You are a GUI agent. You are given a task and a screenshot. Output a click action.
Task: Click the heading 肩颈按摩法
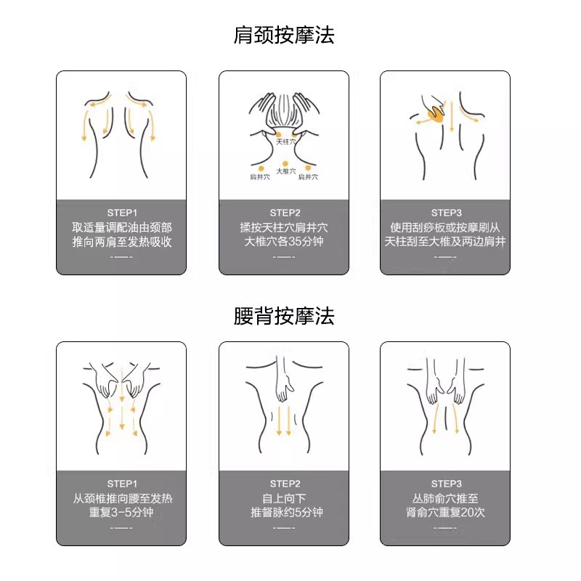(x=284, y=35)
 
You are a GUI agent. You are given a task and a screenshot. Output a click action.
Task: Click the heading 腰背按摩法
(x=284, y=316)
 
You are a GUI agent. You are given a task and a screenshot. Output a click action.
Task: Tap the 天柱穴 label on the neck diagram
(x=286, y=142)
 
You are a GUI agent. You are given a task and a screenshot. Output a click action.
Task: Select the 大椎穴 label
(x=286, y=171)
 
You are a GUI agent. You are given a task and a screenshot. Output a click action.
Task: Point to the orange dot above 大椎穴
(x=285, y=163)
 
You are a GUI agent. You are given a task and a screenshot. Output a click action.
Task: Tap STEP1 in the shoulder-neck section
(x=122, y=213)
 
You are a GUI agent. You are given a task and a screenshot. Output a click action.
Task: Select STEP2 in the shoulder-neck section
(x=285, y=213)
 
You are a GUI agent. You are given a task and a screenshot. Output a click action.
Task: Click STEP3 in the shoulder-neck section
(x=446, y=213)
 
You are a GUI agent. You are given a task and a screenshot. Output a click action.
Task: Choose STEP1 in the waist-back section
(x=122, y=484)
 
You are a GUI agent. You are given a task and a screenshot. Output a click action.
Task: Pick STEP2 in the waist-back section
(x=285, y=484)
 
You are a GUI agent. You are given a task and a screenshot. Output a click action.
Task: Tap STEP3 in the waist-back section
(x=446, y=484)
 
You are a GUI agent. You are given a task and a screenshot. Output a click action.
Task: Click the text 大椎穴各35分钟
(x=284, y=242)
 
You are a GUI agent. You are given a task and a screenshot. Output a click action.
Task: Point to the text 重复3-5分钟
(x=121, y=513)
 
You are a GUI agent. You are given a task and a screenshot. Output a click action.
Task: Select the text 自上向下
(x=284, y=498)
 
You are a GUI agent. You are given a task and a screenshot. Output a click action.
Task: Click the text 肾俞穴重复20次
(x=445, y=513)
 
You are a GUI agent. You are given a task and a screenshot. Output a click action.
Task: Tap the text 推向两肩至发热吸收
(x=122, y=242)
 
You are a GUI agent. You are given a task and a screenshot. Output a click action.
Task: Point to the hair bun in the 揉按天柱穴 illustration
(x=284, y=110)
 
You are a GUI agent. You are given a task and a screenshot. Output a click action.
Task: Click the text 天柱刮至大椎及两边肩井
(x=445, y=242)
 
